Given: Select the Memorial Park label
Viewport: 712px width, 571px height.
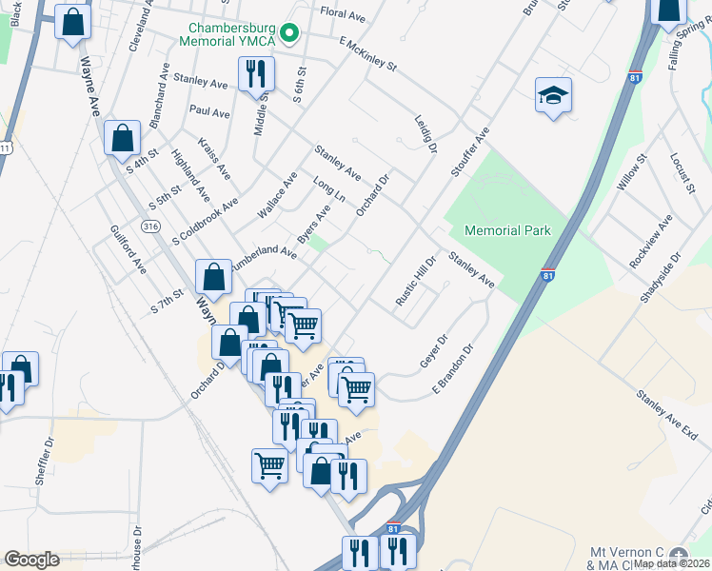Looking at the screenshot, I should point(507,230).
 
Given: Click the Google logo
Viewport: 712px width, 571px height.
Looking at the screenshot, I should point(31,560).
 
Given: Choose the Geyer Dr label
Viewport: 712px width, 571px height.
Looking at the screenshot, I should point(433,351).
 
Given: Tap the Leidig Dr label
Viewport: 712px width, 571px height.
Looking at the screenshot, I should point(425,134).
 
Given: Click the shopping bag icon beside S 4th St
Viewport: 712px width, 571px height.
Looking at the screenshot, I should point(122,138).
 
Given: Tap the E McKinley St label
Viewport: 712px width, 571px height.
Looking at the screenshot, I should point(366,54).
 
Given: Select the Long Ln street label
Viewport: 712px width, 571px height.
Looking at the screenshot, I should point(328,187).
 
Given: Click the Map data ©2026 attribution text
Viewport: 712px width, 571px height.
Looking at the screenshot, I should point(672,563).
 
